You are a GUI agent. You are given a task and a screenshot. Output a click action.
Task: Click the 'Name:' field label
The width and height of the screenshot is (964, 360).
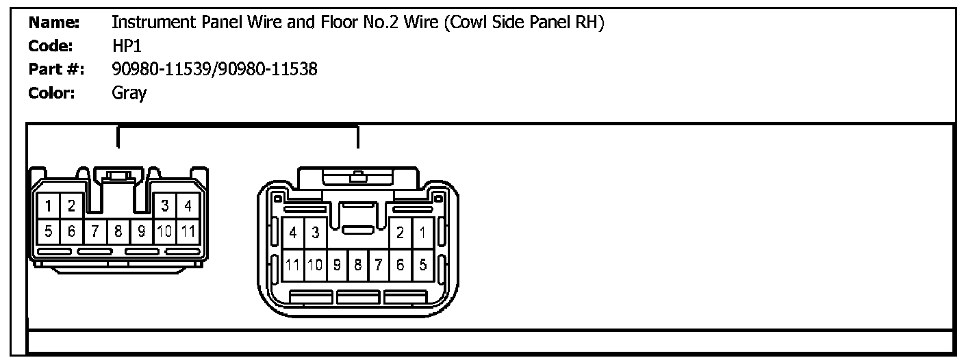[55, 23]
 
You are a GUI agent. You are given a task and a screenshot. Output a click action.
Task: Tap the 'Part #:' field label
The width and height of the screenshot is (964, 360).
[56, 69]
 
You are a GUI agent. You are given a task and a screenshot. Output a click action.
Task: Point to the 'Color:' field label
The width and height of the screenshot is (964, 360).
[52, 93]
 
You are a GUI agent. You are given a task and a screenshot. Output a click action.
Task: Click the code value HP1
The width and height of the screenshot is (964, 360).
[127, 47]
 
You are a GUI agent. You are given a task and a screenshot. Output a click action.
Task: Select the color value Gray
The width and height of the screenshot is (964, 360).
[129, 93]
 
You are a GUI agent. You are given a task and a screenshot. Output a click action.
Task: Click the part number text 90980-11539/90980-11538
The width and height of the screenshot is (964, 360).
[214, 69]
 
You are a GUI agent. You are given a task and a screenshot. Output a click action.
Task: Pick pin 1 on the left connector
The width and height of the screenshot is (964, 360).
[49, 206]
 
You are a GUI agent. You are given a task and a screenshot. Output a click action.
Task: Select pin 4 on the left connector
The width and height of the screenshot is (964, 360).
[188, 206]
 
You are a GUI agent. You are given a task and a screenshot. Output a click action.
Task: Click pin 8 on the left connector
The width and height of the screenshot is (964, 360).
[118, 231]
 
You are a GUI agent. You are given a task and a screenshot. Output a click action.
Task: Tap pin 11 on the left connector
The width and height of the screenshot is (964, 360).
[188, 231]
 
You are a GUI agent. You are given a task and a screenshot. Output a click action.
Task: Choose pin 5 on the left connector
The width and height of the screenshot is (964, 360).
[49, 231]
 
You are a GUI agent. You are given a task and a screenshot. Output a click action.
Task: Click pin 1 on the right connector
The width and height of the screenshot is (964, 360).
[423, 233]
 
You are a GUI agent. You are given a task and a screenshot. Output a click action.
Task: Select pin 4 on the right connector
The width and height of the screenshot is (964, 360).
[293, 233]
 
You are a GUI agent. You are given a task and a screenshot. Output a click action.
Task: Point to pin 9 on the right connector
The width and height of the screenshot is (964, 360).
[337, 265]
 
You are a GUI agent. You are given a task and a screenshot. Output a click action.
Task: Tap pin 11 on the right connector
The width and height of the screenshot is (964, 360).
[293, 265]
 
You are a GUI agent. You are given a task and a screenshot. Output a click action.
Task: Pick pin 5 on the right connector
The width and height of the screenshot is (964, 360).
[423, 265]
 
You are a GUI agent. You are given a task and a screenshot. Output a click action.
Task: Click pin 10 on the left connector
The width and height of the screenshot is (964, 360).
[164, 231]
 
